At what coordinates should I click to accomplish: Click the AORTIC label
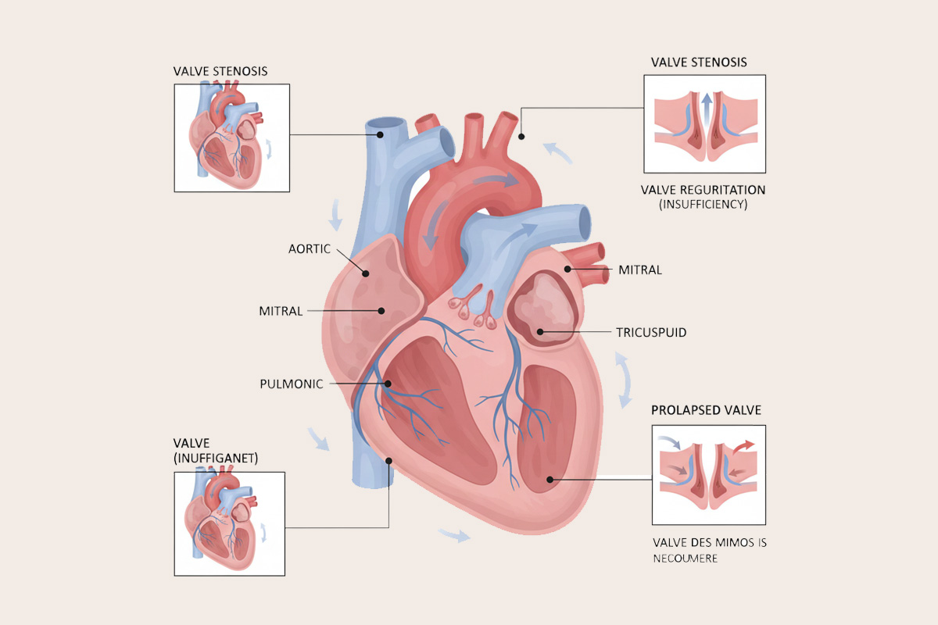click(310, 248)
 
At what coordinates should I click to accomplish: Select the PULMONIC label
click(292, 384)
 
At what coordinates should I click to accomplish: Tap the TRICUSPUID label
click(651, 333)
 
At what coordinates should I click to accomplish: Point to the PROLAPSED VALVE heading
click(706, 410)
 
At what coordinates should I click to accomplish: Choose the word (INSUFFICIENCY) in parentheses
click(703, 205)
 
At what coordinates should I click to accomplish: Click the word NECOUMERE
click(686, 558)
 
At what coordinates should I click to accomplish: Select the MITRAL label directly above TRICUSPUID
click(639, 270)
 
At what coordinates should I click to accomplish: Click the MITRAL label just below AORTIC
click(281, 311)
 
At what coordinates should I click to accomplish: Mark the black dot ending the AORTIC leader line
click(365, 273)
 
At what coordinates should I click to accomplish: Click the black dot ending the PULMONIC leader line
click(388, 384)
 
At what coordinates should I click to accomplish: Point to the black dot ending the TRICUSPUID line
click(539, 333)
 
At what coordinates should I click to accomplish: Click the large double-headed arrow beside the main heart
click(625, 380)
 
